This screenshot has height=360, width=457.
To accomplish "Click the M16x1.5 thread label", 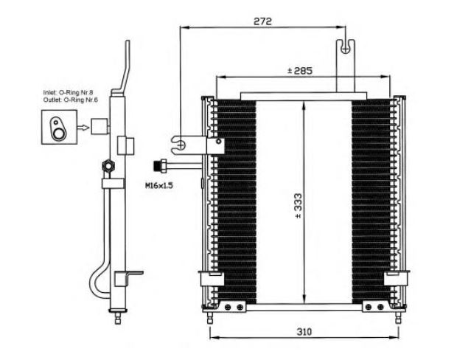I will pyautogui.click(x=158, y=186).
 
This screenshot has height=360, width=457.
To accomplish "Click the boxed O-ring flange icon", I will pyautogui.click(x=55, y=127).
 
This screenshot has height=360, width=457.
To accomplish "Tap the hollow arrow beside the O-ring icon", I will pyautogui.click(x=82, y=127).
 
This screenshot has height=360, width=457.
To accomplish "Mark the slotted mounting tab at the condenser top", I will pyautogui.click(x=344, y=49).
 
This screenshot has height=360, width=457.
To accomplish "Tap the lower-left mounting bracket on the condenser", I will pyautogui.click(x=211, y=280).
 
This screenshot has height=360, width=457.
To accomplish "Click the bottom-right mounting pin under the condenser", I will pyautogui.click(x=398, y=315).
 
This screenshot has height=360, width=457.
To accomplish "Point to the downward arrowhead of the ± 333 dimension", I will pyautogui.click(x=304, y=299).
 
